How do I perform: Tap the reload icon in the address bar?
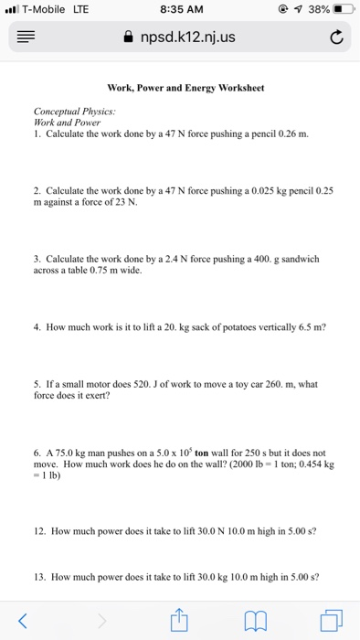336,37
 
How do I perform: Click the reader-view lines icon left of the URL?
23,37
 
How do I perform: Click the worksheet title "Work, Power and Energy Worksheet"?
185,89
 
